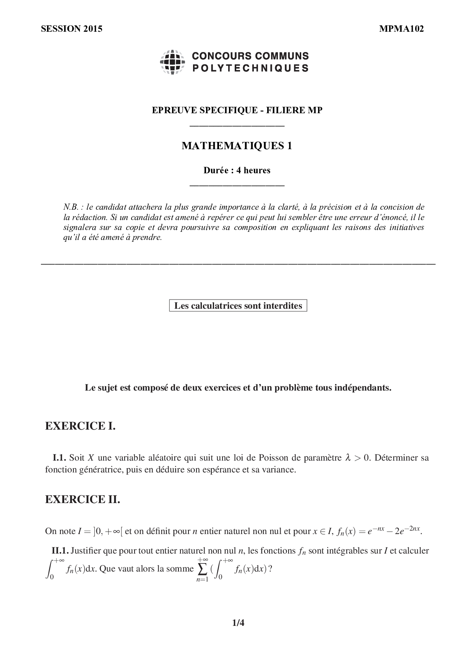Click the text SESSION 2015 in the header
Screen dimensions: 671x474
pos(71,29)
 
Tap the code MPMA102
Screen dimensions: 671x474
pos(401,29)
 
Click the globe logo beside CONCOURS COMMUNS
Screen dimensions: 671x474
pos(172,62)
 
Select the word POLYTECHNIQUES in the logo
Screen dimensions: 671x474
pos(250,68)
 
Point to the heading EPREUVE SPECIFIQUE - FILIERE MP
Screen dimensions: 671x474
pos(237,111)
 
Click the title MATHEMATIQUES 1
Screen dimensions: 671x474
pos(237,146)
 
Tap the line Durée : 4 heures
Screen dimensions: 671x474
pos(237,170)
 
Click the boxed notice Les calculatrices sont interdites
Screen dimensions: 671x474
pos(238,306)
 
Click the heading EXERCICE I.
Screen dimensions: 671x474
pos(80,426)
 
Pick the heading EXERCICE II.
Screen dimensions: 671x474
pos(83,499)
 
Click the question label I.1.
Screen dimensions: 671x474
pos(60,458)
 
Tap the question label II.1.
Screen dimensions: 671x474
pos(60,551)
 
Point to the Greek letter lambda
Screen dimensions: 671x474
pos(347,458)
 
